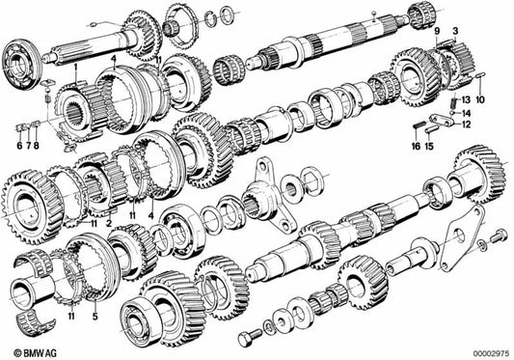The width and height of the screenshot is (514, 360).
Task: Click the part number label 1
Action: tap(76, 67)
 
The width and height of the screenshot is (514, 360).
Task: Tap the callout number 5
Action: tap(95, 316)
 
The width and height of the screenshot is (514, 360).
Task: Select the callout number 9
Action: tap(437, 31)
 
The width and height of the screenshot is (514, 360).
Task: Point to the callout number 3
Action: tap(455, 31)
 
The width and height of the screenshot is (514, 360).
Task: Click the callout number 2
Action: tap(109, 224)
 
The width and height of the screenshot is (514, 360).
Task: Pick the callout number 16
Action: tap(416, 146)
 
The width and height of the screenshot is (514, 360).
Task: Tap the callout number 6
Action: tap(19, 145)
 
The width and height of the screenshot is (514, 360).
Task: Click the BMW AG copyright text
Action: tap(35, 353)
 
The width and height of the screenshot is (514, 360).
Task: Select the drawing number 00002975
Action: tap(491, 354)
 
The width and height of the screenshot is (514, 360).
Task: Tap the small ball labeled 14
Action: tap(452, 113)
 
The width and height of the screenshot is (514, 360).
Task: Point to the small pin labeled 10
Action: tap(480, 75)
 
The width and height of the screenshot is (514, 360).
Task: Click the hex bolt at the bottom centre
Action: tap(250, 337)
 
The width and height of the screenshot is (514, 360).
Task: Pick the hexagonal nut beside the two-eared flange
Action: tap(312, 180)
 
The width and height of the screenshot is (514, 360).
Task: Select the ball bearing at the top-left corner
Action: tap(20, 64)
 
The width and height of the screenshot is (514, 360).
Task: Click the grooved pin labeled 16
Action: tap(419, 125)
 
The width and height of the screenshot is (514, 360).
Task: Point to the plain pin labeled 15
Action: tap(432, 128)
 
